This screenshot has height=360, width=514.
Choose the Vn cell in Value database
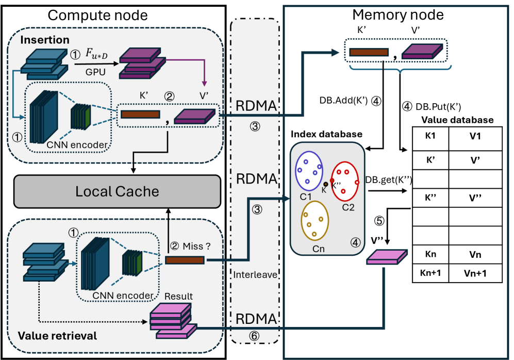click(476, 254)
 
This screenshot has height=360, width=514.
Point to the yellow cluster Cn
click(314, 220)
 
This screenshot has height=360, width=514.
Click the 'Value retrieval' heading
click(57, 336)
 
